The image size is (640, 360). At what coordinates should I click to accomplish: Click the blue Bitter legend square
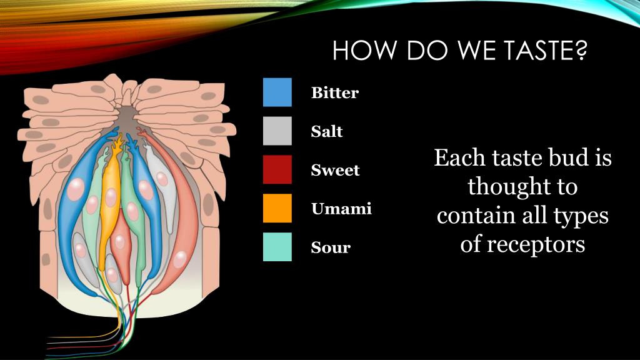click(x=277, y=92)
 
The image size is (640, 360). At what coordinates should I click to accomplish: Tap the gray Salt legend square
click(x=277, y=131)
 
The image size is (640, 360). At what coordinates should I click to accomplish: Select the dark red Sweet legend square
click(x=277, y=169)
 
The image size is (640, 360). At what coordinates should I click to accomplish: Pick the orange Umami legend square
click(x=277, y=208)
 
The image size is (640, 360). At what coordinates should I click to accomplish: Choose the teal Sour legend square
click(x=277, y=247)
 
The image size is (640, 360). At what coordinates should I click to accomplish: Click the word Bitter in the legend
click(x=335, y=93)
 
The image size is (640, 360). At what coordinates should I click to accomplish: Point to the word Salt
click(x=327, y=132)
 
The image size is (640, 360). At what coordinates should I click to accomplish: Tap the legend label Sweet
click(x=336, y=170)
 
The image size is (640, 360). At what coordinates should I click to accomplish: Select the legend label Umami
click(x=341, y=209)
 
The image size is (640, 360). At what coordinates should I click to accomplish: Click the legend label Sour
click(x=331, y=247)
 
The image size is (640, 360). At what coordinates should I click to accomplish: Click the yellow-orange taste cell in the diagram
click(x=110, y=200)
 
